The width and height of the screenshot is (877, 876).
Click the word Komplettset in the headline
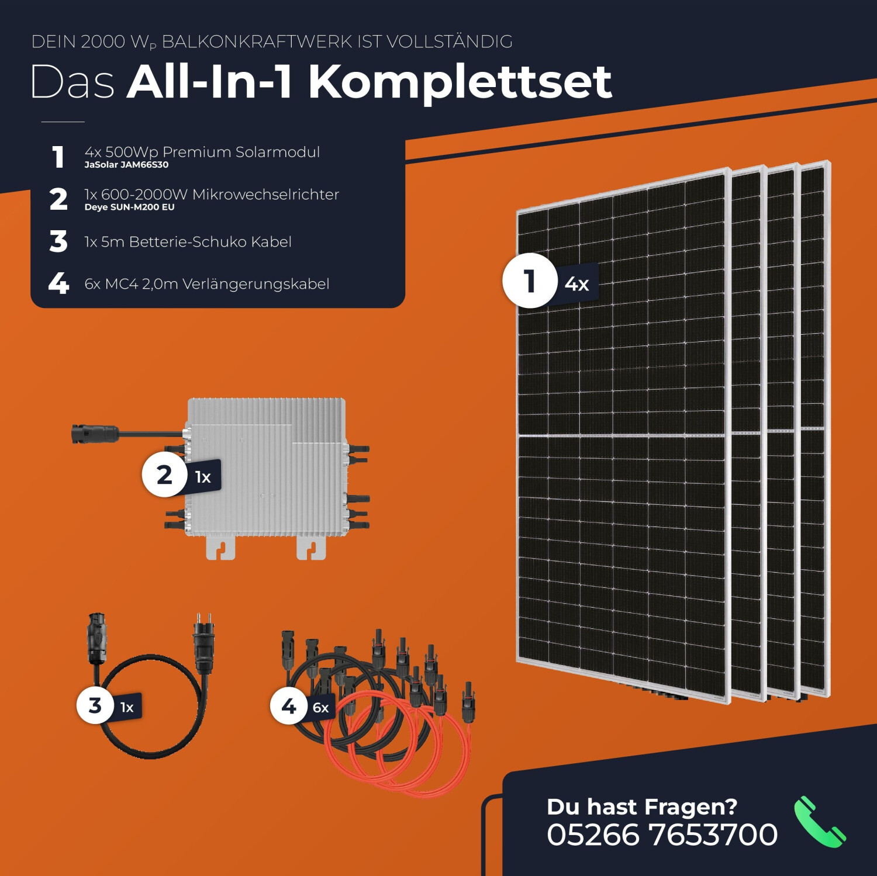pos(460,82)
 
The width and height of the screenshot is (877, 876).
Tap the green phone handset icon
pos(819,822)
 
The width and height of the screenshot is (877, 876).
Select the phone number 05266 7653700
pos(662,835)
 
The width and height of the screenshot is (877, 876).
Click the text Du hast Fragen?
pos(641,806)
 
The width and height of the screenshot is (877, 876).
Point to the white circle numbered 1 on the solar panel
pos(529,281)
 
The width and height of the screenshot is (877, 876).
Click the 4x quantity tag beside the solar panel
pos(576,284)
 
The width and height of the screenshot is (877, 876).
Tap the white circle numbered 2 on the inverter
pos(165,475)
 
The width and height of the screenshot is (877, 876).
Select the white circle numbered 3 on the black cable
pos(95,705)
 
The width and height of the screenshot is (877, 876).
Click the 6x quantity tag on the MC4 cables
pos(320,708)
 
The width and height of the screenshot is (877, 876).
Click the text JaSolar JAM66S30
pos(126,165)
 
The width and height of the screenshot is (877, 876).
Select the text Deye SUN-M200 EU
pos(129,207)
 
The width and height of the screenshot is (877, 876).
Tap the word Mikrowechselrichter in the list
pos(265,195)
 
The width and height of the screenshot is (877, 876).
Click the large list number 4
pos(58,284)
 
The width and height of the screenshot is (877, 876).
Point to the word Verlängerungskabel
pos(255,284)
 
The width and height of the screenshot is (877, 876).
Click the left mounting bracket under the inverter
pos(220,548)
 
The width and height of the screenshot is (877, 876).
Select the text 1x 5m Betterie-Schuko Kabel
pos(188,242)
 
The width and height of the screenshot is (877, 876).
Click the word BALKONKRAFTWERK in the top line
pos(257,42)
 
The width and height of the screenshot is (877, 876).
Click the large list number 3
pos(58,241)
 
